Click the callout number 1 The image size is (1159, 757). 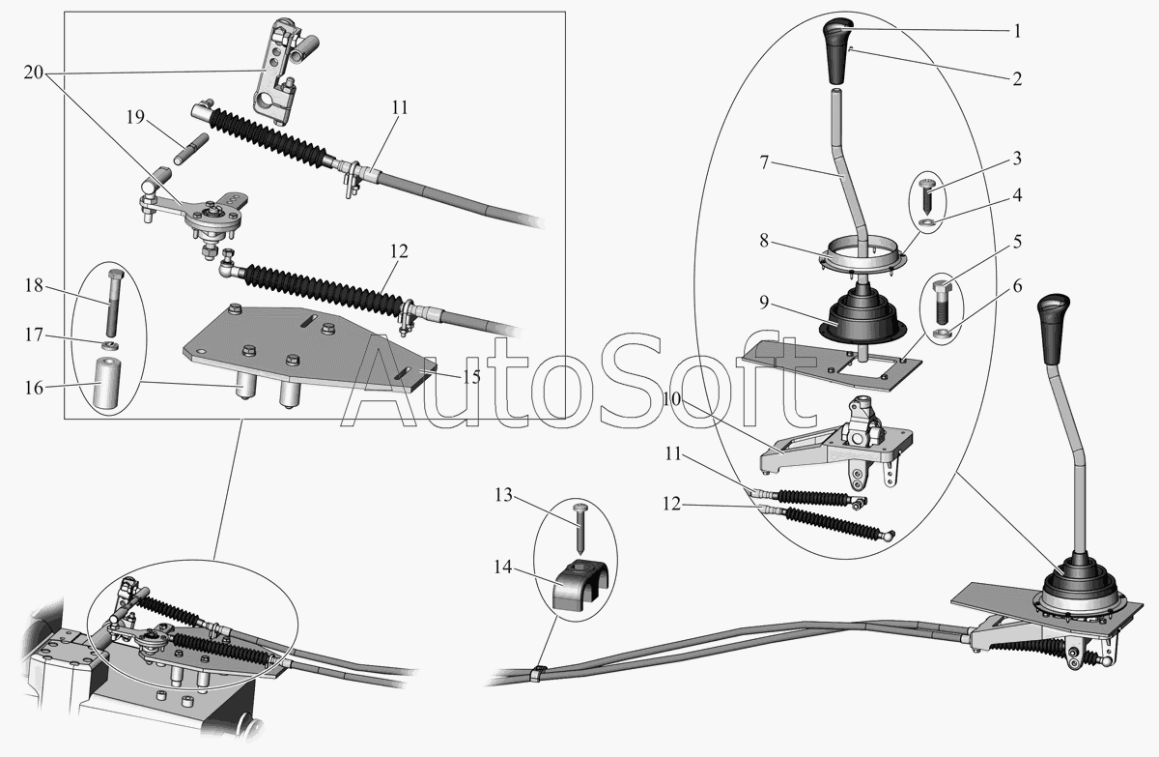pos(1017,31)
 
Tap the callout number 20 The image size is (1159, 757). pos(33,73)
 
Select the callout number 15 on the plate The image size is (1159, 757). pos(471,377)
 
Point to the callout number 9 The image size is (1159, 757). pos(764,303)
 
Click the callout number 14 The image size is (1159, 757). pos(502,567)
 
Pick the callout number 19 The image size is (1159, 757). pos(135,118)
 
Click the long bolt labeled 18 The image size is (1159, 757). pos(114,303)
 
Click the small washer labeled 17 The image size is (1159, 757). pos(111,344)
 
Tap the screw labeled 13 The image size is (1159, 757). pos(580,528)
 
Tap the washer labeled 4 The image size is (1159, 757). pos(926,222)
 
